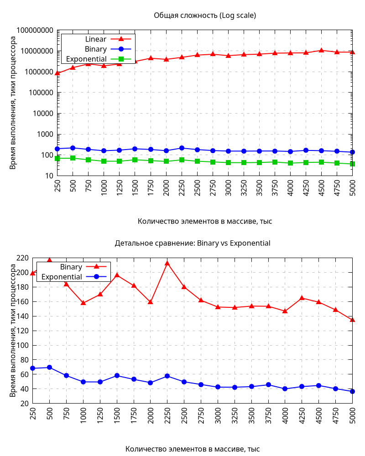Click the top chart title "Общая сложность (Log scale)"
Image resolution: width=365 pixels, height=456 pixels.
[205, 16]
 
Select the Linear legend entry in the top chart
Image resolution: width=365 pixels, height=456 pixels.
[96, 39]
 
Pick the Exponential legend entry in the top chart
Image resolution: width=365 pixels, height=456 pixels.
[86, 59]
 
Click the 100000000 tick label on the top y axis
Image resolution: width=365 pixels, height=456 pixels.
[35, 31]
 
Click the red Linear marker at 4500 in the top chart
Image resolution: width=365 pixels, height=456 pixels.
[321, 50]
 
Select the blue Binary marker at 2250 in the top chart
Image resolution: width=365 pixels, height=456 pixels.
[182, 148]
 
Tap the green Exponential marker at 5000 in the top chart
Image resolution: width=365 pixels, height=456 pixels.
[352, 164]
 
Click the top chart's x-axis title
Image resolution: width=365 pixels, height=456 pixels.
[205, 221]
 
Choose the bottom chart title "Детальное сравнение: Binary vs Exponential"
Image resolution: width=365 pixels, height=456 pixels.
[193, 243]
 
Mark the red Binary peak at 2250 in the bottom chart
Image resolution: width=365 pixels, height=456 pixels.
[167, 263]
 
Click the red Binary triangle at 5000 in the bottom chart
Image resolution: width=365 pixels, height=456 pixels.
[352, 320]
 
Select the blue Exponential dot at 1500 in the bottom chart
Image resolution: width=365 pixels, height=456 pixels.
[117, 376]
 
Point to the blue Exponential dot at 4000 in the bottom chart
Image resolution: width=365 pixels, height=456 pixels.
[285, 389]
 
